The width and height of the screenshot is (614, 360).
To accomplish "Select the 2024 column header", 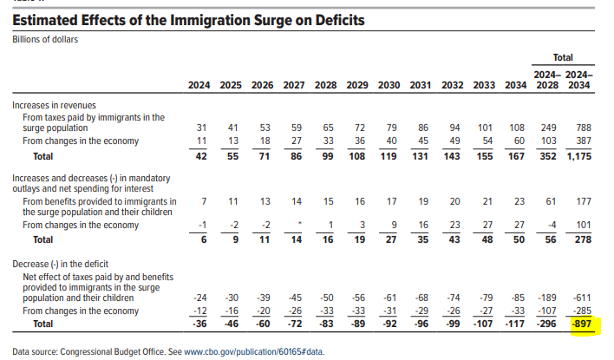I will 200,85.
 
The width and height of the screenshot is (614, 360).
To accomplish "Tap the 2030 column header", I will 389,85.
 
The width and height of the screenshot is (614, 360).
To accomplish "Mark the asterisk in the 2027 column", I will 298,224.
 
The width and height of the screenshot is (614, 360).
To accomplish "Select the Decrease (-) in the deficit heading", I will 64,262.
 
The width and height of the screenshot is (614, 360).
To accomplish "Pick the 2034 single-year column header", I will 515,85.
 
